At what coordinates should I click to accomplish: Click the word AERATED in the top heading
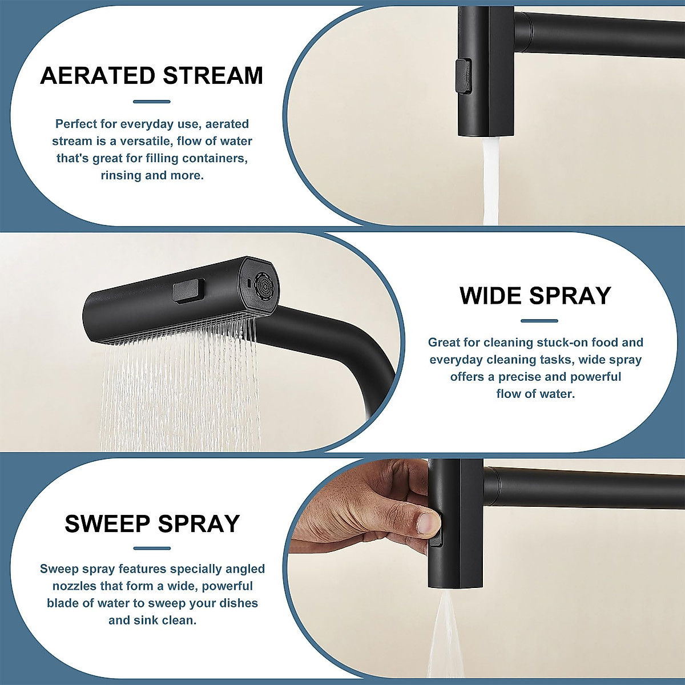97,76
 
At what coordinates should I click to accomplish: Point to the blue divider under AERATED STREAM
152,102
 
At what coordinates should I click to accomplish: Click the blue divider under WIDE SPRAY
539,321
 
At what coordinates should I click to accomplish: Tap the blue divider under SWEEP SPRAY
152,548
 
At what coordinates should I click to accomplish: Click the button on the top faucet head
464,75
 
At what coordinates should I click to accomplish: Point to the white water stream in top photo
491,183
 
